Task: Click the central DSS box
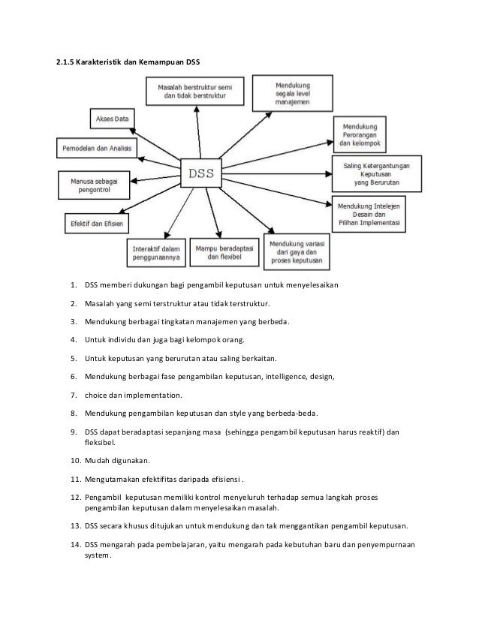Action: (x=200, y=174)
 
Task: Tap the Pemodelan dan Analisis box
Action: (x=96, y=148)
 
